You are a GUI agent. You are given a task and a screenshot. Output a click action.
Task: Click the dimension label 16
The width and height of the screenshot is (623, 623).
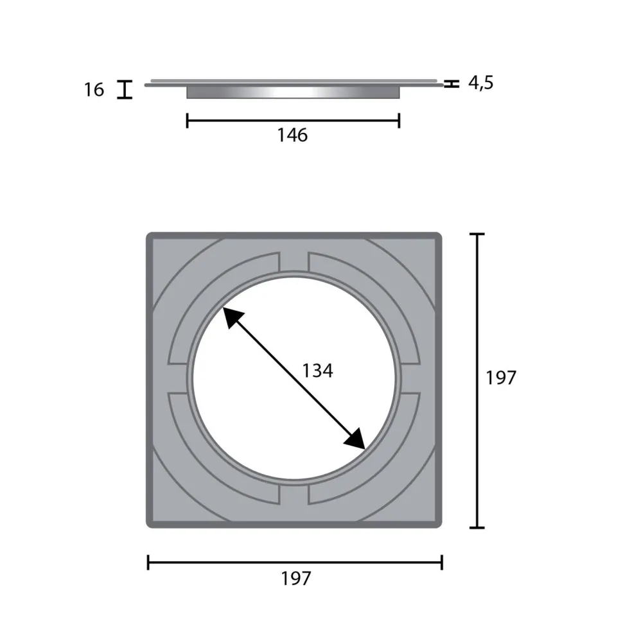click(x=94, y=89)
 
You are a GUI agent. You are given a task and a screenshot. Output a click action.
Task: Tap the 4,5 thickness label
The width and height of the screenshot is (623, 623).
click(x=481, y=83)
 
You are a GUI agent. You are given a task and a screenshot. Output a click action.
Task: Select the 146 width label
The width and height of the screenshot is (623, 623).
click(x=292, y=136)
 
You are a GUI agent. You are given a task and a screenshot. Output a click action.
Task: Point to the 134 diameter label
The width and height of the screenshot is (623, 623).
click(x=317, y=371)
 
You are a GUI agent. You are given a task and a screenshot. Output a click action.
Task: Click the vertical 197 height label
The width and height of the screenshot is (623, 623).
click(x=501, y=378)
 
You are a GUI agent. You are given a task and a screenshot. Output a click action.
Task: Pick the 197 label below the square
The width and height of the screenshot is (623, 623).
click(x=296, y=579)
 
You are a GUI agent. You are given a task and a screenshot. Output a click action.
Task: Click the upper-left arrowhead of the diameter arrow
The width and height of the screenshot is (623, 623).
click(x=232, y=317)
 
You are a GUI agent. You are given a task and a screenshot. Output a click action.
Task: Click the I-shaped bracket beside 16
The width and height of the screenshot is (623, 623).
click(x=125, y=89)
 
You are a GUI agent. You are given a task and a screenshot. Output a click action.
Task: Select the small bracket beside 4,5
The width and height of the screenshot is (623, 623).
click(x=452, y=83)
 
